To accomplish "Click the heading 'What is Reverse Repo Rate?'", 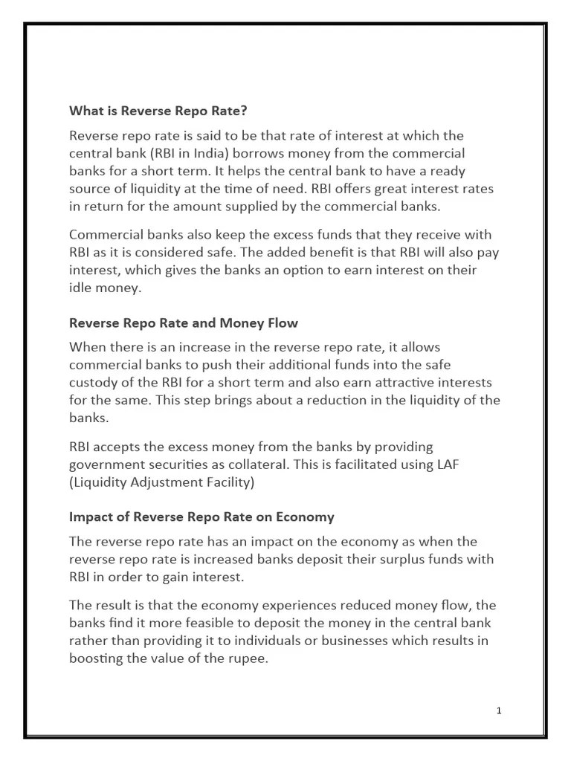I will coord(158,111).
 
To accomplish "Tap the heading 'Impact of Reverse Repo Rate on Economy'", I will coord(201,516).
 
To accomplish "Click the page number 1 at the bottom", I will coord(499,710).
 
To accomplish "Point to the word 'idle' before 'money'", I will coord(81,288).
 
